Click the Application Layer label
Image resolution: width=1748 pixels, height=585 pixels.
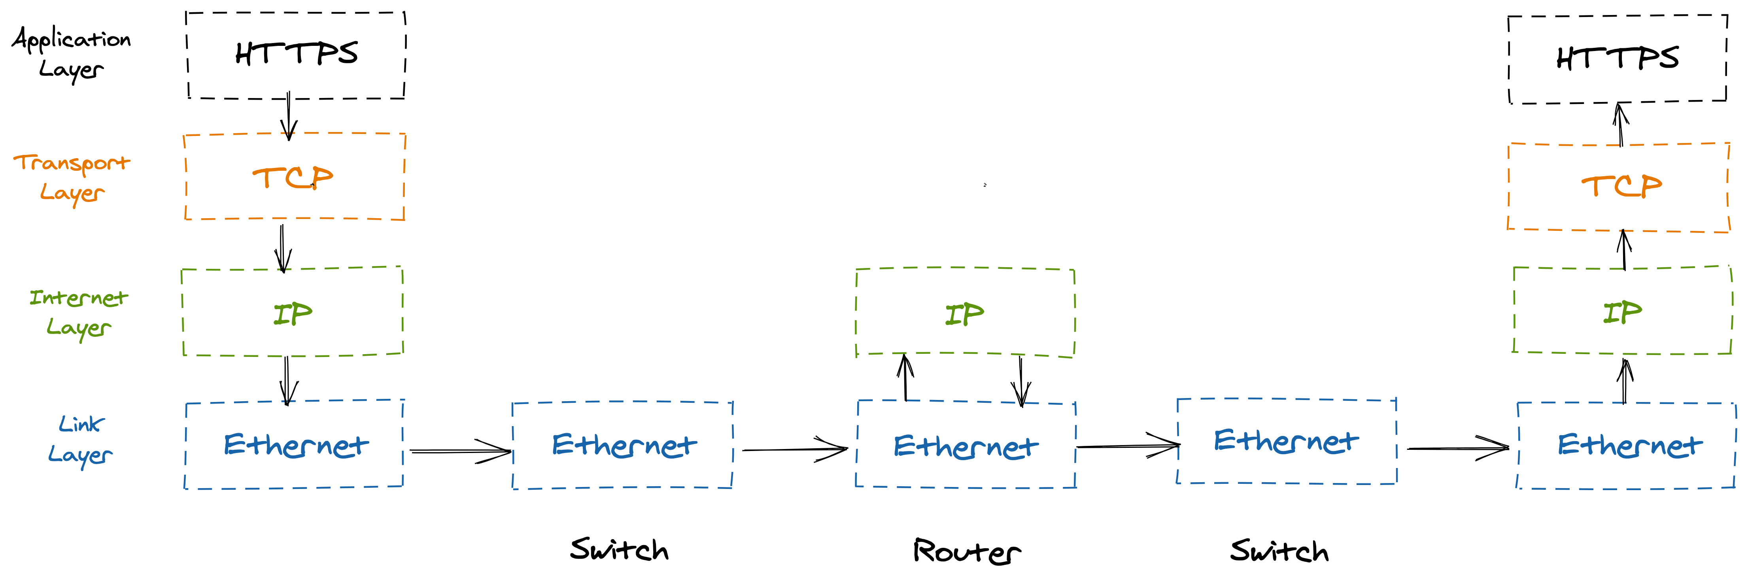pos(71,53)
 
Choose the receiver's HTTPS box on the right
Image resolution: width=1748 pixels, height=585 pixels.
pos(1617,59)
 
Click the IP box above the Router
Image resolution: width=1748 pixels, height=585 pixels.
pos(965,313)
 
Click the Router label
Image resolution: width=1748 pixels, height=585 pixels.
pos(966,551)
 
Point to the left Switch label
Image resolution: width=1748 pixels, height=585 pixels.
pos(619,549)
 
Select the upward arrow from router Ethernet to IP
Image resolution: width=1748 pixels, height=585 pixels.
pos(905,377)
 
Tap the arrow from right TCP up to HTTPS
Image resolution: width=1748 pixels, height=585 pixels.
pos(1620,124)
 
